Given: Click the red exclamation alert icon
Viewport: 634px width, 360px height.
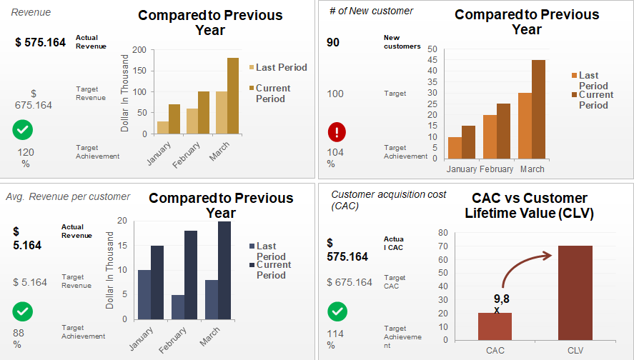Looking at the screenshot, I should point(337,133).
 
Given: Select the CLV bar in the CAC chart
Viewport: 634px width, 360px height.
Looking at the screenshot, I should point(575,293).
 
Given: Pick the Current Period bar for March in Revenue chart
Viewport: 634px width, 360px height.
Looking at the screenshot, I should point(233,96).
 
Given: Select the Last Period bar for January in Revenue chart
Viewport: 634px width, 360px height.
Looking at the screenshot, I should point(163,127).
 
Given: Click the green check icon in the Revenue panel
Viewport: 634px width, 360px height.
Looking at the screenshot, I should point(22,130).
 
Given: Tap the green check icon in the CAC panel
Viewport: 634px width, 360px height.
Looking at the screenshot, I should point(337,311).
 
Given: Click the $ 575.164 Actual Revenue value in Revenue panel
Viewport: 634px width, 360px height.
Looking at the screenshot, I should point(40,42).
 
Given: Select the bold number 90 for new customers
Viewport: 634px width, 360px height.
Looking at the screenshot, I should point(333,42).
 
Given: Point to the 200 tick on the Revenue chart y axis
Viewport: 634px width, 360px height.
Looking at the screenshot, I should point(139,50).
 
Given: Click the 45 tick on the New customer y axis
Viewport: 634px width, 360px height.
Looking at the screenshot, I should point(432,60).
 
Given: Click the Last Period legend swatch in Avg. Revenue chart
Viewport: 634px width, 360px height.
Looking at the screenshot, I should point(252,246).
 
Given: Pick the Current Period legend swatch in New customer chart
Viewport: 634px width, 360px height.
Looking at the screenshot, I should point(575,94).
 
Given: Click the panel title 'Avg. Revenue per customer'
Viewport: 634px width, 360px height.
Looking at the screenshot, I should point(68,196).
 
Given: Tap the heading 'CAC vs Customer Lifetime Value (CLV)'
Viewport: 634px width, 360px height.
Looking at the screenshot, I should point(529,205).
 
